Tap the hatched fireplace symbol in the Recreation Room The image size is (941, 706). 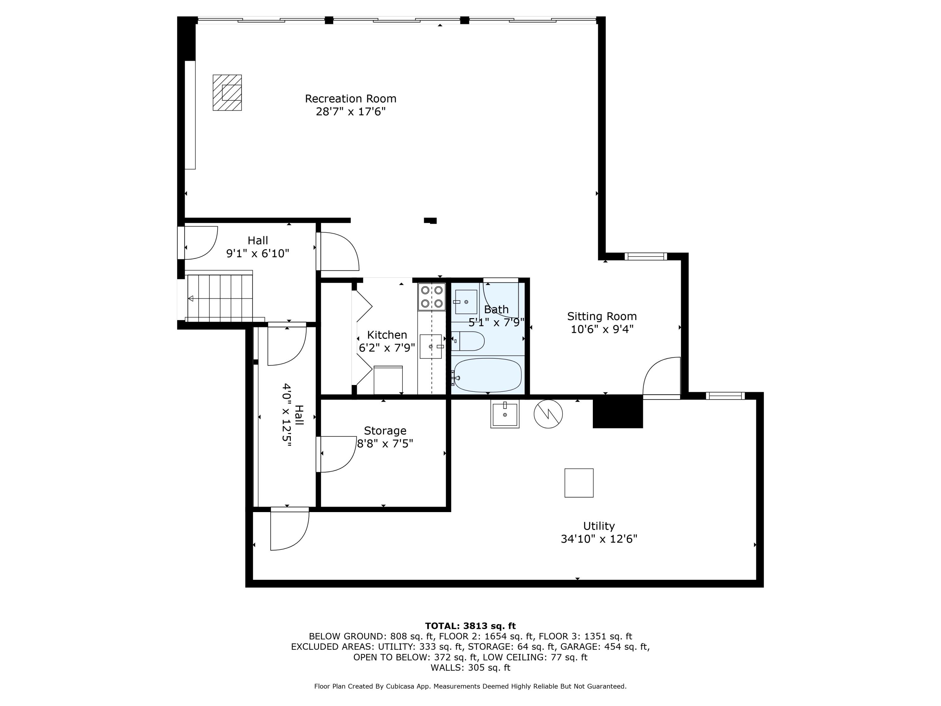coord(227,93)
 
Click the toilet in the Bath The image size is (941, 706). coord(468,341)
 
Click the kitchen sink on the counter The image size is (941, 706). coord(431,346)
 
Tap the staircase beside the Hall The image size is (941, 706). coord(221,298)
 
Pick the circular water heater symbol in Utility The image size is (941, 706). coord(548,414)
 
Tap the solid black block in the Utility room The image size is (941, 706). coord(618,411)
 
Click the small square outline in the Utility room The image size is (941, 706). coord(578,483)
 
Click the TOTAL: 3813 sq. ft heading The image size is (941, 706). coord(470,626)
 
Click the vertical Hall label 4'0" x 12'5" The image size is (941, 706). coord(293,415)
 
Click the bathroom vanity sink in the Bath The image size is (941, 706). coord(466,302)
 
